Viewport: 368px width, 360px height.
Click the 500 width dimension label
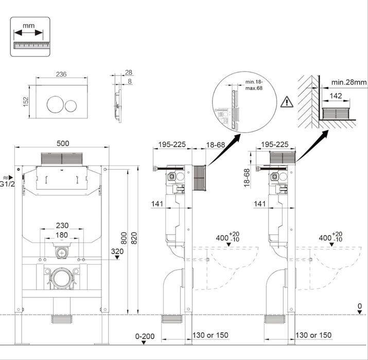point(63,143)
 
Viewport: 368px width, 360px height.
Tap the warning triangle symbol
point(287,102)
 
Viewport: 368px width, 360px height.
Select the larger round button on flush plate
point(55,104)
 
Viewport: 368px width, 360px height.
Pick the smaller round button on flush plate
point(71,106)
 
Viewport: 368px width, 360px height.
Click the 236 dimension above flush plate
point(61,74)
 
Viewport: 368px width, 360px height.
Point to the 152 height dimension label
point(26,102)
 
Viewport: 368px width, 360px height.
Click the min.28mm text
point(349,82)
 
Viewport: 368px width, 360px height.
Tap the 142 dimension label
point(336,96)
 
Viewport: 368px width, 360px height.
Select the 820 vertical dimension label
point(134,238)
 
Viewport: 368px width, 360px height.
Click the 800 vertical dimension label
point(124,238)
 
